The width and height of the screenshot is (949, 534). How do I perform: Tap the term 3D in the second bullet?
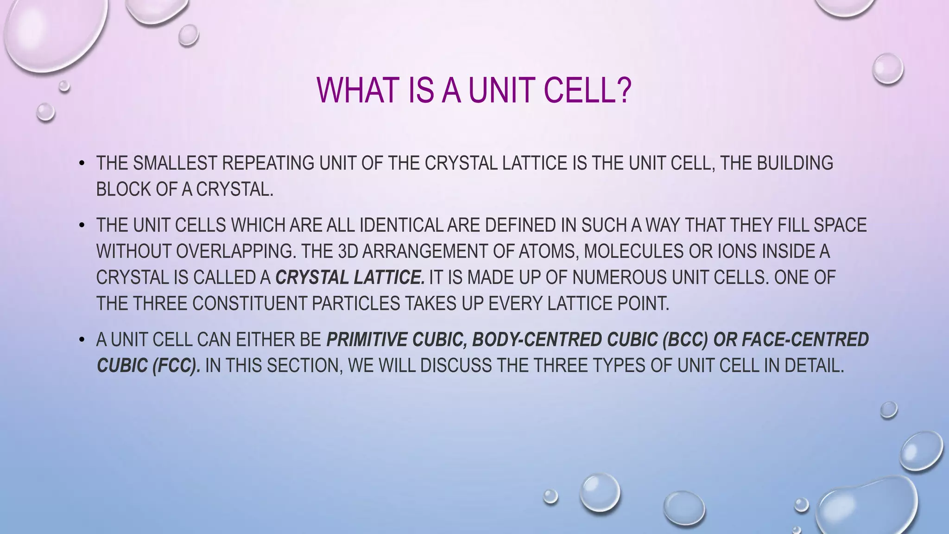348,251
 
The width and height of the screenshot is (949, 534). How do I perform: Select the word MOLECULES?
633,251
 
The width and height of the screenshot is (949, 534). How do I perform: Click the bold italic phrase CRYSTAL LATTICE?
350,278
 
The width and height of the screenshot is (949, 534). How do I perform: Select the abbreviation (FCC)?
176,366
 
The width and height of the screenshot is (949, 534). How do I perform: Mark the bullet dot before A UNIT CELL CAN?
82,340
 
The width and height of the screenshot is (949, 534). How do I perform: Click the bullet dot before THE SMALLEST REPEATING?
82,164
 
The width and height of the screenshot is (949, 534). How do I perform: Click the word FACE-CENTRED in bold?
805,340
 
